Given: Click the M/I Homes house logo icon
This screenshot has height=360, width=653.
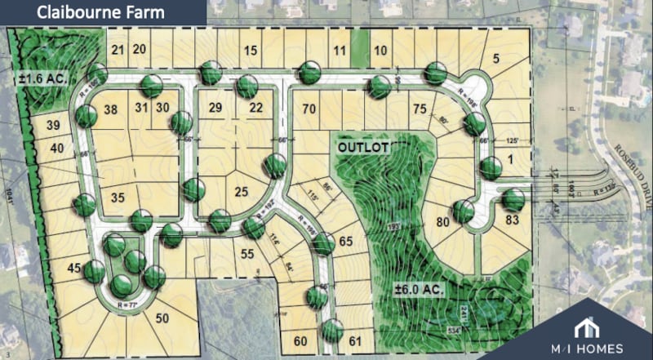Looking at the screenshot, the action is click(585, 329).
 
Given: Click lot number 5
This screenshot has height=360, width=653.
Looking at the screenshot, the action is click(495, 58).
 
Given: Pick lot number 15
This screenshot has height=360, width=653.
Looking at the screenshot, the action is click(251, 51).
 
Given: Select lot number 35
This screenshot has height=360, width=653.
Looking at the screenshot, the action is click(118, 197).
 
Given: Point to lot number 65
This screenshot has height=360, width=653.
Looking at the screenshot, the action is click(344, 241).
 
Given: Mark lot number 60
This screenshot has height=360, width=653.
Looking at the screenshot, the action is click(300, 340).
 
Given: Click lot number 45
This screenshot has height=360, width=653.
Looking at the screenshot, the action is click(73, 269).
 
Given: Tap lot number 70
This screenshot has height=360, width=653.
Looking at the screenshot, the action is click(309, 109).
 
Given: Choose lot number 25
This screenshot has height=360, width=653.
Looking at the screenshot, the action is click(240, 193).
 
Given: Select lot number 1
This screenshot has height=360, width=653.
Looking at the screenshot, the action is click(513, 160).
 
